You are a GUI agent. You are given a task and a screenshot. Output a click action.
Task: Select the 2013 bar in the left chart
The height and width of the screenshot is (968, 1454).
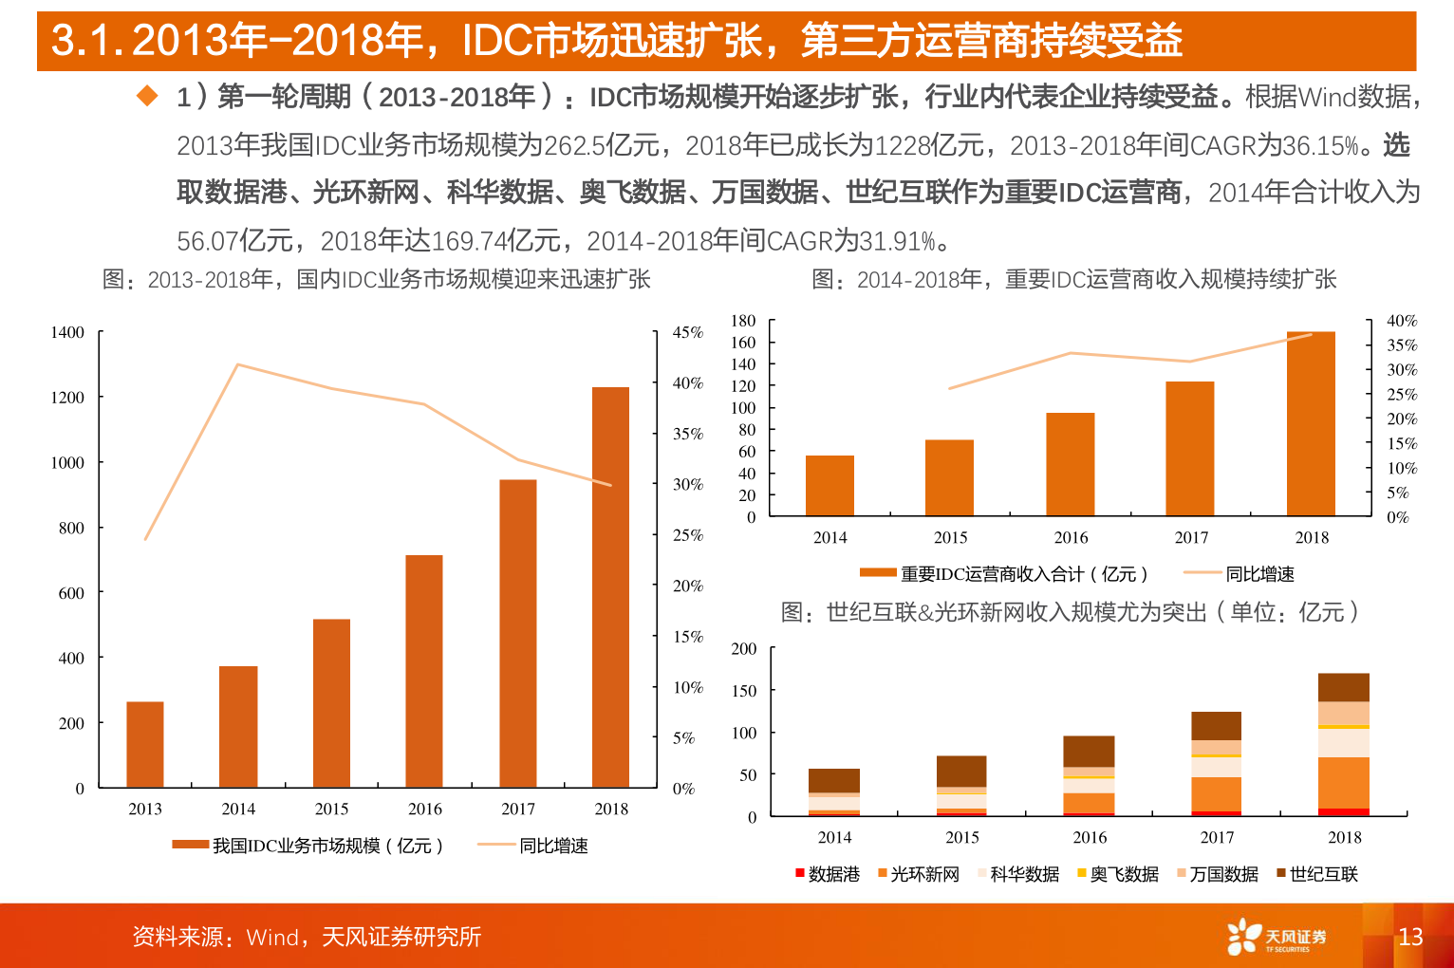coord(145,744)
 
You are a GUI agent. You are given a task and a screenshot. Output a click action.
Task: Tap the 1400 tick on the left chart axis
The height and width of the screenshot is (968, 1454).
coord(67,332)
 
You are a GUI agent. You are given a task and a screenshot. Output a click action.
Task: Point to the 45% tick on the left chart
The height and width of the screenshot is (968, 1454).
coord(688,332)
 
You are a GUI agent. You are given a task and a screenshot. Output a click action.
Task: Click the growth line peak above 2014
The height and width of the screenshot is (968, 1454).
coord(237,364)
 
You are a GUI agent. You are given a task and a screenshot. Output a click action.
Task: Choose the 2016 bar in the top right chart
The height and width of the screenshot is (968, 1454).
coord(1070,464)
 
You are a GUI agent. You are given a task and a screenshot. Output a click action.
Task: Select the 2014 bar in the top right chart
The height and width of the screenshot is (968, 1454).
coord(830,485)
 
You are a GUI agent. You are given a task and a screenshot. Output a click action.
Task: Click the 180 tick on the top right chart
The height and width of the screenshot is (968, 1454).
coord(743,321)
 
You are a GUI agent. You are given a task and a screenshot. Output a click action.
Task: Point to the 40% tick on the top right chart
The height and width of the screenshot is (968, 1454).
coord(1402,321)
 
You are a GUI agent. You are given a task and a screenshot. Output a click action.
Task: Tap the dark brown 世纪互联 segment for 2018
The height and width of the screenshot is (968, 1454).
coord(1343,687)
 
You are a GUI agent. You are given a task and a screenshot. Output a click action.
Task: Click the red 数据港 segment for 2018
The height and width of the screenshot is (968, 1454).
coord(1343,811)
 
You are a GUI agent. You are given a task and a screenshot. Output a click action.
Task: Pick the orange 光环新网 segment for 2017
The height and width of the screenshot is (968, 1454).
coord(1216,794)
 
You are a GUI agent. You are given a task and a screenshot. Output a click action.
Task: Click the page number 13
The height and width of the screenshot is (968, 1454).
coord(1410,937)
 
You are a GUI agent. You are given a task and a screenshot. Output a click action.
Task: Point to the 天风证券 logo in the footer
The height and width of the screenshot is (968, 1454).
coord(1277,937)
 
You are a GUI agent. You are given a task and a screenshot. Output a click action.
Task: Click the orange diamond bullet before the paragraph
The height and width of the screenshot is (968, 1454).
coord(147,95)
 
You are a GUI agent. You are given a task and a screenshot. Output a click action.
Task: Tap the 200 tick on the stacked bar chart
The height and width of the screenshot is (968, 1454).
coord(743,649)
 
